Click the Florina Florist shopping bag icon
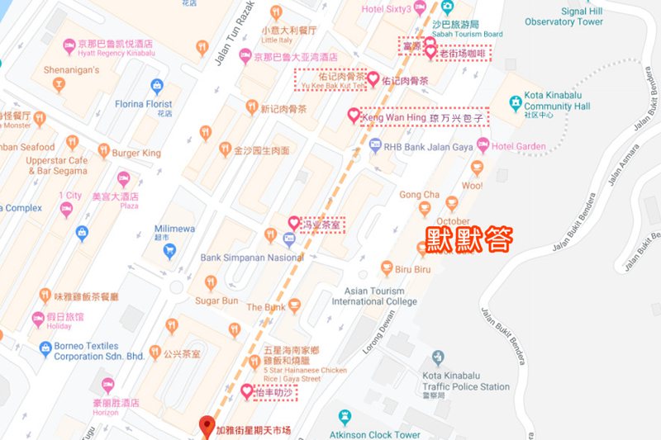157,85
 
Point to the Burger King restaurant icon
104,151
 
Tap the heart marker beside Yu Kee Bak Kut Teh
373,79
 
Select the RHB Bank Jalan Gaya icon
376,146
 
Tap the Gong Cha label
419,195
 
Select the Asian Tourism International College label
374,296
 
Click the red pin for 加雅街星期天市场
207,427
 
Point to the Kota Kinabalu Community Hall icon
513,102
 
